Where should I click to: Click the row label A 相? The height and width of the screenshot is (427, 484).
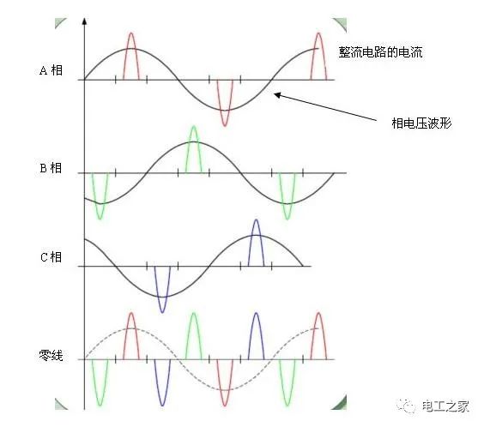51,70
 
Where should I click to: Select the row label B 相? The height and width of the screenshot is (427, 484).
51,168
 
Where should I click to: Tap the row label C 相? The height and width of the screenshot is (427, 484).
51,257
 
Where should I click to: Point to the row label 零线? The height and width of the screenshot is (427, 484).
51,356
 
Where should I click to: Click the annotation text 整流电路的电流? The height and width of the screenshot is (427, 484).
380,52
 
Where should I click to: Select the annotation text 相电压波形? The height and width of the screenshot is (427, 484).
421,123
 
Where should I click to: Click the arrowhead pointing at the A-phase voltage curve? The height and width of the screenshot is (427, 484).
277,95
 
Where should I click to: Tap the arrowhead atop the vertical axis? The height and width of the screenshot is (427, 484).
84,21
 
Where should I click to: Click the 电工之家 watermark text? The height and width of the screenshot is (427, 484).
445,406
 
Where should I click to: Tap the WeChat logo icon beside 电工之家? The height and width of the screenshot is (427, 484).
406,406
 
